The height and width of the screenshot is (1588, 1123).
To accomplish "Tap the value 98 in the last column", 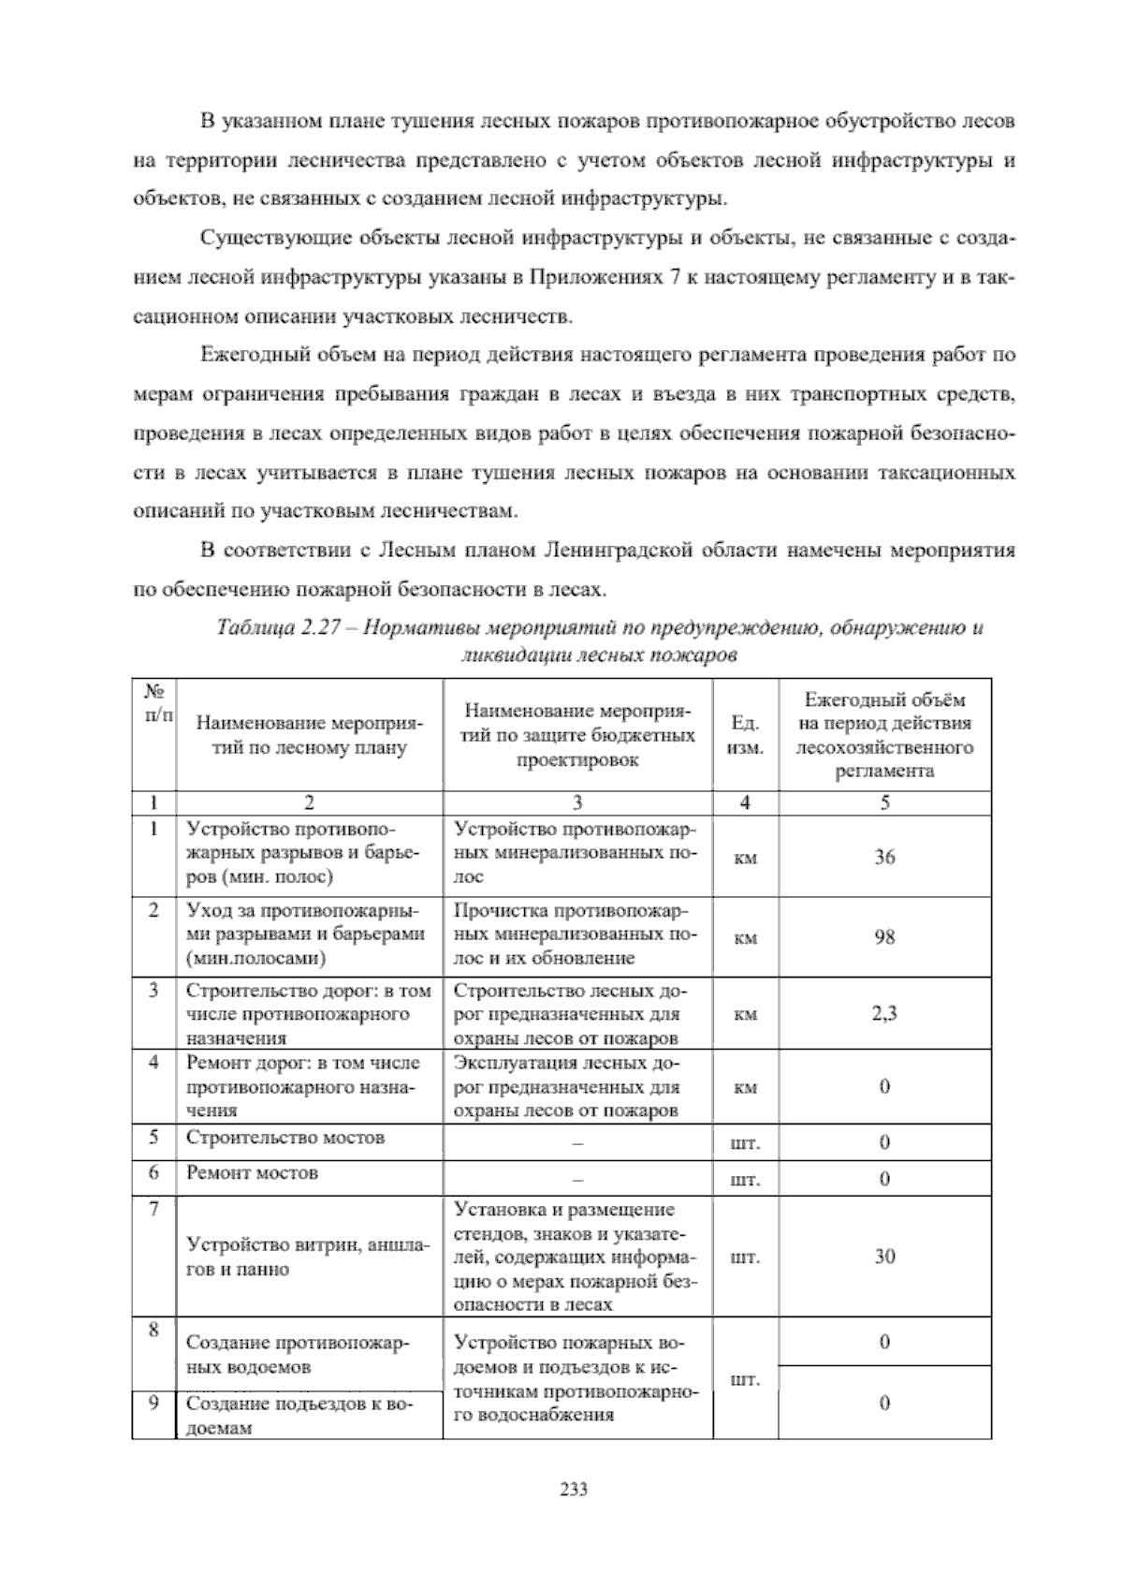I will tap(884, 936).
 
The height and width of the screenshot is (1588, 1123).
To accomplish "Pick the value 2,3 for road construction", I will tap(884, 1013).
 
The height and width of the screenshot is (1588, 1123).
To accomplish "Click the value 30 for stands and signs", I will tap(884, 1257).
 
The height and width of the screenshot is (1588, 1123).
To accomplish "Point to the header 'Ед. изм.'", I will tap(745, 736).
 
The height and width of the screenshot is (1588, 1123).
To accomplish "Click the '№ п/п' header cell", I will tap(153, 703).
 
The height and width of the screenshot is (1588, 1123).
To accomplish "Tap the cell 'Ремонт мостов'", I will tap(253, 1172).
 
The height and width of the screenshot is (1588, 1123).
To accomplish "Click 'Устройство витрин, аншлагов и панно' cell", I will tap(308, 1257).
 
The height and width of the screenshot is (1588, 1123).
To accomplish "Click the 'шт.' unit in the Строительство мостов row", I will tap(745, 1143).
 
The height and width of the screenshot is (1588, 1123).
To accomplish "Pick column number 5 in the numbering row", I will tap(884, 802).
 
